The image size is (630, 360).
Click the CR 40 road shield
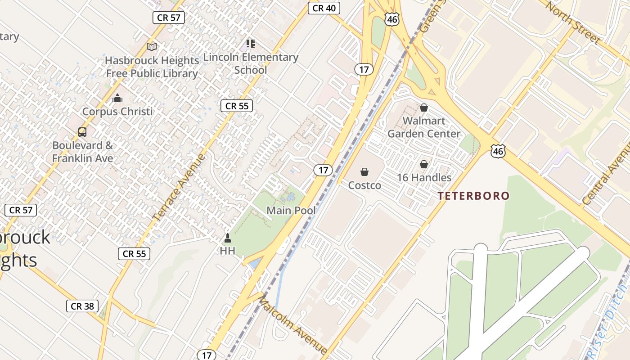point(324,8)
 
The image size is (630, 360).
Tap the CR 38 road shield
point(82,306)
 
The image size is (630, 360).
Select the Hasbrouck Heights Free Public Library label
point(152,67)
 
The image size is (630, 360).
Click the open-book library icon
point(152,47)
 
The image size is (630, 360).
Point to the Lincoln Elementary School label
point(251,63)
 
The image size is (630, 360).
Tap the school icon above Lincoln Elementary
point(251,44)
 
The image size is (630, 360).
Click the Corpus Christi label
point(117,112)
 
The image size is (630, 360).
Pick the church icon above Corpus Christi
point(117,98)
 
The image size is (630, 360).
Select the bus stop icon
point(82,132)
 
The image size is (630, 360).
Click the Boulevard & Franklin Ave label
point(83,152)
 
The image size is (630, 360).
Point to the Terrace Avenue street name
point(179,187)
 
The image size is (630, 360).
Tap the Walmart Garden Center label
point(424,127)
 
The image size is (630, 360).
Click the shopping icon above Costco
point(364,172)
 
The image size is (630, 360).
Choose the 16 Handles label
point(424,178)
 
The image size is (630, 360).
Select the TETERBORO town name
point(474,196)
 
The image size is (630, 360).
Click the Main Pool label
point(291,210)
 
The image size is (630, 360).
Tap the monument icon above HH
point(228,238)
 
